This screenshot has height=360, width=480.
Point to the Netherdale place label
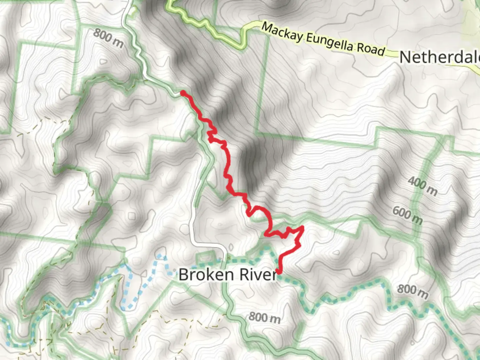[x=439, y=57]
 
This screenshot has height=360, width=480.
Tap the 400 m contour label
[x=422, y=186]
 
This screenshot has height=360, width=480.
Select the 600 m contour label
[x=407, y=215]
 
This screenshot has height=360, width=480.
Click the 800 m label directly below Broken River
[x=264, y=317]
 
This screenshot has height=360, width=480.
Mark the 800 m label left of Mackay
[x=108, y=37]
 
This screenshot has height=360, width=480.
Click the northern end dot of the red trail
[x=183, y=93]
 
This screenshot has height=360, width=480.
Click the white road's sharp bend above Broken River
[x=224, y=247]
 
